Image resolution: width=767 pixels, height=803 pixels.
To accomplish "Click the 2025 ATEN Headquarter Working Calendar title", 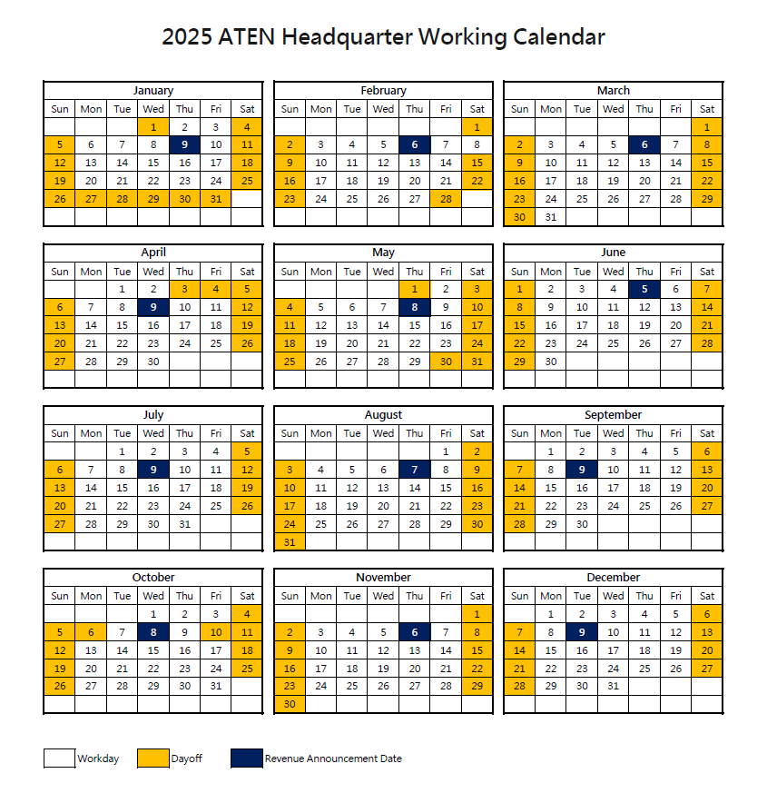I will click(x=383, y=37).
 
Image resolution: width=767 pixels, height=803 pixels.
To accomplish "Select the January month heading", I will click(x=153, y=91).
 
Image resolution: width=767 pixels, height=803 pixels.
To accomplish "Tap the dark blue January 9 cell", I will click(x=185, y=144).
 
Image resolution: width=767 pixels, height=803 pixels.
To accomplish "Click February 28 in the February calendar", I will click(x=446, y=198).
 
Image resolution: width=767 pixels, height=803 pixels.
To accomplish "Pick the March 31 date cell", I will click(x=551, y=217).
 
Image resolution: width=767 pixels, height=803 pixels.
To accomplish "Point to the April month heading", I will click(x=153, y=253).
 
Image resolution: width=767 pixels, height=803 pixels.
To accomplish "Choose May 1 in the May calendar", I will click(x=415, y=289).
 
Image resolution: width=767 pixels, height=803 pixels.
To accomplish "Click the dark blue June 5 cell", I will click(x=644, y=289).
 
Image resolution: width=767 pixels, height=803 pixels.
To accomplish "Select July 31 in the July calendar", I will click(x=185, y=523).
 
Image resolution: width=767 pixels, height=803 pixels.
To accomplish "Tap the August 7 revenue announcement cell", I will click(x=415, y=470).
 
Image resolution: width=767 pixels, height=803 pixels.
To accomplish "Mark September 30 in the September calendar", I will click(x=583, y=523).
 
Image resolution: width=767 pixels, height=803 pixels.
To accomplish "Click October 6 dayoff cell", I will click(x=91, y=631).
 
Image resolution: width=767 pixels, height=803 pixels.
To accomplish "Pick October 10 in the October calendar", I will click(x=216, y=631).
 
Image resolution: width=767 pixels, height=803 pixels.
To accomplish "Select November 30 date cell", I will click(x=290, y=704).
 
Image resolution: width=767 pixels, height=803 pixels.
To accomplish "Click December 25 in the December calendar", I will click(x=644, y=668).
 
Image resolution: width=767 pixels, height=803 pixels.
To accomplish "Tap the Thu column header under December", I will click(x=644, y=596).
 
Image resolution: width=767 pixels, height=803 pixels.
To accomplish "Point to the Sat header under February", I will click(x=477, y=109).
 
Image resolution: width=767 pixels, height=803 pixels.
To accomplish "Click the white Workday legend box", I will click(x=60, y=758).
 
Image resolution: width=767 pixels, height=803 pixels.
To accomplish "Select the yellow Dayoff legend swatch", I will click(x=153, y=758).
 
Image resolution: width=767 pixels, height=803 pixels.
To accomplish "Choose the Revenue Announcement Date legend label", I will click(x=333, y=758).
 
